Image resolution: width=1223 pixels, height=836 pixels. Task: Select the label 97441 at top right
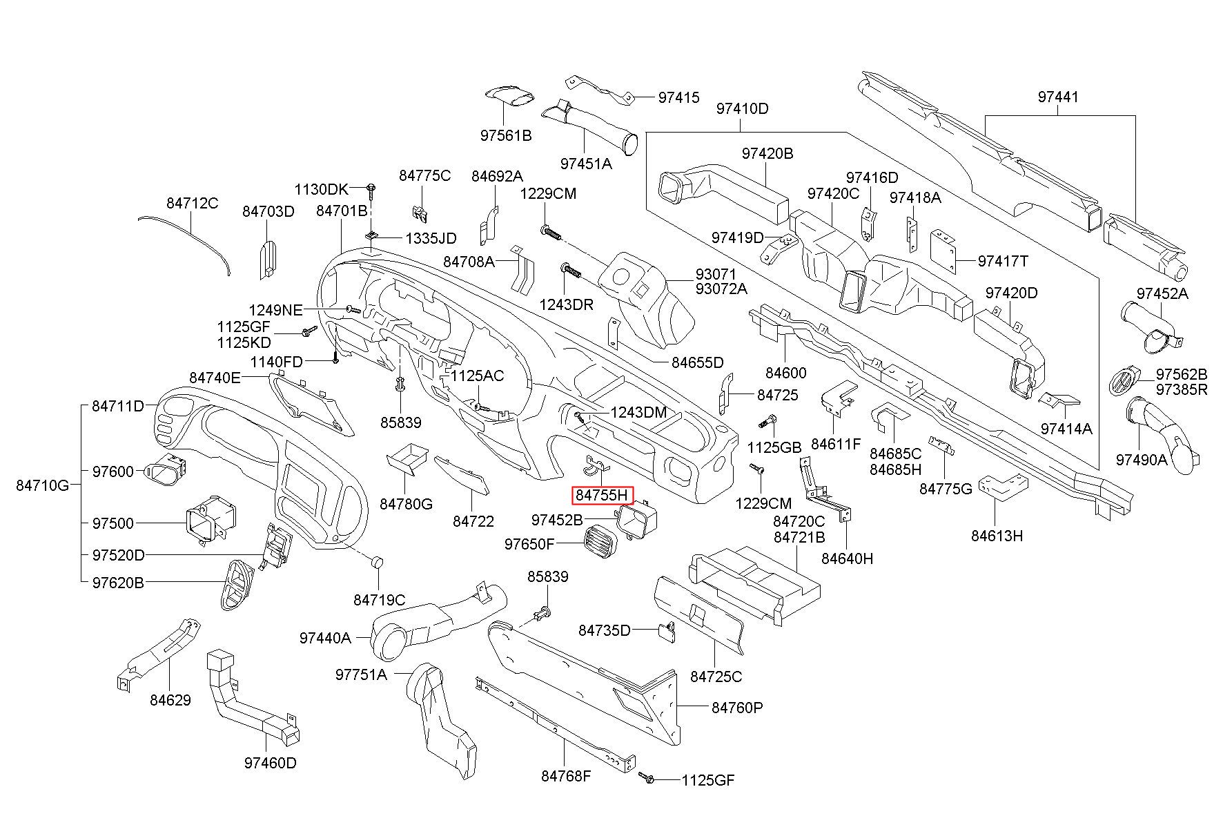[x=1058, y=97]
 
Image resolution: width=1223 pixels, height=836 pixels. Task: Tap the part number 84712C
[x=192, y=203]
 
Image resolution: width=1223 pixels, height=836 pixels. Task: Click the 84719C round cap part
[x=377, y=561]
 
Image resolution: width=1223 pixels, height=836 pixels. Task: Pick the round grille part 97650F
[x=600, y=539]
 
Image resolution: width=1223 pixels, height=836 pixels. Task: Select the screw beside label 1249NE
[x=351, y=309]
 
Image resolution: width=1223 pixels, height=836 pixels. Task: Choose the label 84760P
[x=737, y=708]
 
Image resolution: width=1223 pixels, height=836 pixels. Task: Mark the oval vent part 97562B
[x=1124, y=382]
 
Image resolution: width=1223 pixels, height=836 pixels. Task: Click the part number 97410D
[x=742, y=108]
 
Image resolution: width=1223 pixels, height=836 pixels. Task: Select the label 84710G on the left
[x=43, y=485]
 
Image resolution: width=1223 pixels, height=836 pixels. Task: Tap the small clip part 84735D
[x=666, y=631]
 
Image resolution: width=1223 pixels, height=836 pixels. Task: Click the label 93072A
[x=721, y=289]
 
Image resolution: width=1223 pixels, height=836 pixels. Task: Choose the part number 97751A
[x=362, y=674]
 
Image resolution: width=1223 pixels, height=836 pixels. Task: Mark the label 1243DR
[x=566, y=304]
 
